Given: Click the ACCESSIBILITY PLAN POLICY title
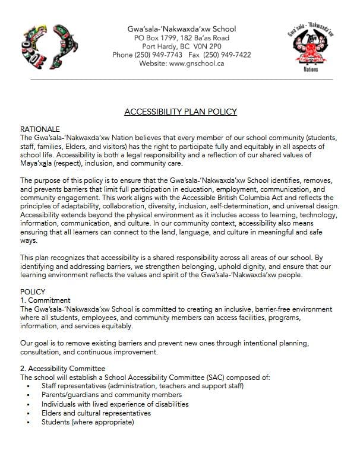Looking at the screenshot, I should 181,112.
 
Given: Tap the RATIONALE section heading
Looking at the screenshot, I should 40,128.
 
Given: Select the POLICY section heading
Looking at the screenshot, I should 33,292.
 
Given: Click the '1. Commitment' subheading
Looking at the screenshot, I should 45,300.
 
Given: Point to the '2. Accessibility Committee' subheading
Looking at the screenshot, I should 64,369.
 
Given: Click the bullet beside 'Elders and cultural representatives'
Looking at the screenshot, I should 29,413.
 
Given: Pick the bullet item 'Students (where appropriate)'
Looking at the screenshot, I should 87,422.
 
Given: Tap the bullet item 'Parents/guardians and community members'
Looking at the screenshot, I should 111,395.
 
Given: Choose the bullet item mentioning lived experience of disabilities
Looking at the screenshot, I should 115,404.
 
